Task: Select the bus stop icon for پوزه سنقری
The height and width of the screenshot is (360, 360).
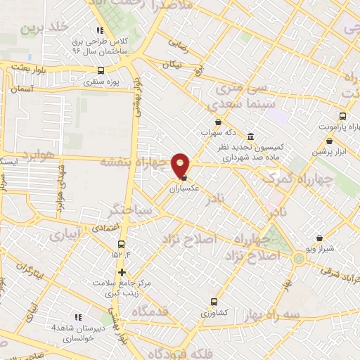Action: [101, 70]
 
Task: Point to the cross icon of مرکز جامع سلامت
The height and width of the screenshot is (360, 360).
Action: [122, 272]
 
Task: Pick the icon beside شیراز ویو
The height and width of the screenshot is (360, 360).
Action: [320, 238]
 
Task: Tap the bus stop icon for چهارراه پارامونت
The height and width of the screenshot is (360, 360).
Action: [342, 116]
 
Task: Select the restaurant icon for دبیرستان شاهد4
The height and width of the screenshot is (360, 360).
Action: [77, 317]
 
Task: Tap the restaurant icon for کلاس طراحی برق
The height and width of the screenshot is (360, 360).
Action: [100, 30]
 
